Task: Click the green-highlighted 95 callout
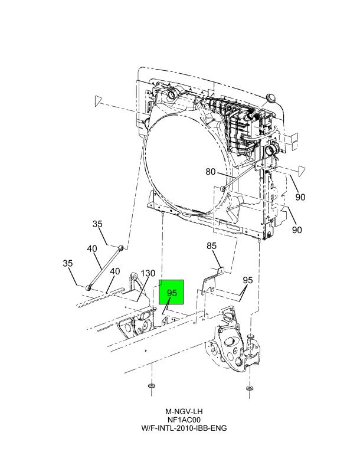tap(172, 293)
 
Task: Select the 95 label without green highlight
tap(248, 280)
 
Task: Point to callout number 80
tap(211, 172)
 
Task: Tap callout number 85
tap(212, 245)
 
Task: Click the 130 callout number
tap(148, 273)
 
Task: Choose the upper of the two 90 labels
tap(300, 197)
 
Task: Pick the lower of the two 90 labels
tap(297, 230)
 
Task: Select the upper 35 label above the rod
tap(97, 224)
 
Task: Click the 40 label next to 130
tap(115, 271)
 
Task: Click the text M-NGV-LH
tap(184, 411)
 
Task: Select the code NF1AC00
tap(184, 419)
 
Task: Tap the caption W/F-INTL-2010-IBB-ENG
tap(184, 428)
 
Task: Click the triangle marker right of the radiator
tap(302, 171)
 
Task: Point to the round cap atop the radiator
tap(271, 97)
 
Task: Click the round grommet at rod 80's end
tap(222, 188)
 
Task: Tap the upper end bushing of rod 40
tap(121, 247)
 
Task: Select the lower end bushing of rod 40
tap(89, 287)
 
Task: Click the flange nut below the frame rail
tap(152, 386)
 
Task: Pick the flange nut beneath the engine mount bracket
tap(250, 388)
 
